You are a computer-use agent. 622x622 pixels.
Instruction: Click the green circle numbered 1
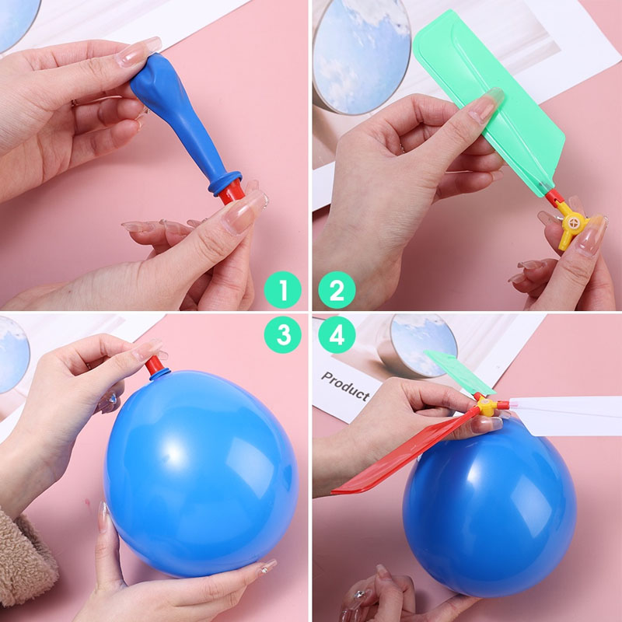point(283,290)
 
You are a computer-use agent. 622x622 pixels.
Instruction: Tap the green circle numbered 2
point(337,290)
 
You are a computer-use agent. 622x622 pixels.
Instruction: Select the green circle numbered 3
point(283,334)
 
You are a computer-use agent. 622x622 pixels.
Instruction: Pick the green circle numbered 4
point(337,334)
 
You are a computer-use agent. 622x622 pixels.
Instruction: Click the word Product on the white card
point(345,386)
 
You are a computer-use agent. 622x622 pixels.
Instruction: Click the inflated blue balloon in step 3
point(201,472)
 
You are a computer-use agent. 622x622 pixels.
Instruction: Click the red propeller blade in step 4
point(404,453)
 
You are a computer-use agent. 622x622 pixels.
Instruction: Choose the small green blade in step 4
point(460,373)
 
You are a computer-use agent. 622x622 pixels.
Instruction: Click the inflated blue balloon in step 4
point(490,508)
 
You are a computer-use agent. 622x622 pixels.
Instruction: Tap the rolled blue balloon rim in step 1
point(225,183)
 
